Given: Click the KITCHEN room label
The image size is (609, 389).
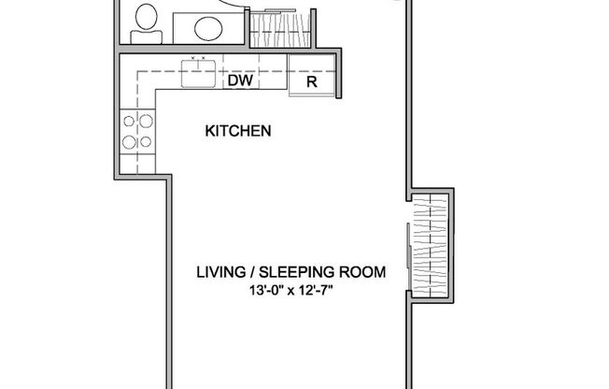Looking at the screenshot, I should (x=237, y=132).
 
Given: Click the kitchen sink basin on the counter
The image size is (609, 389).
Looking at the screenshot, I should (x=198, y=72).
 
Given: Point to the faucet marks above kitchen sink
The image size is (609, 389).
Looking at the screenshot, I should (x=198, y=58).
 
